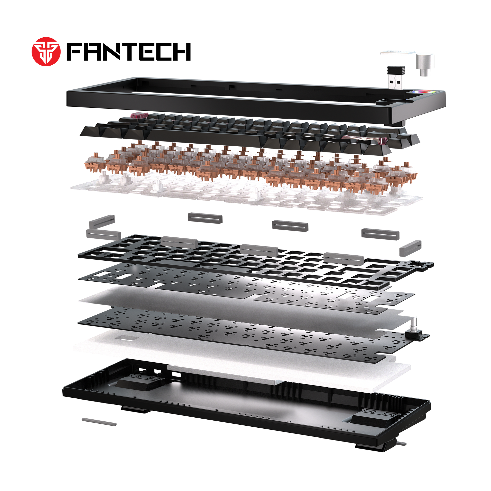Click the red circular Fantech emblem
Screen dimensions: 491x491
click(x=46, y=52)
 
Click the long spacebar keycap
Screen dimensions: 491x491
click(x=206, y=137)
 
